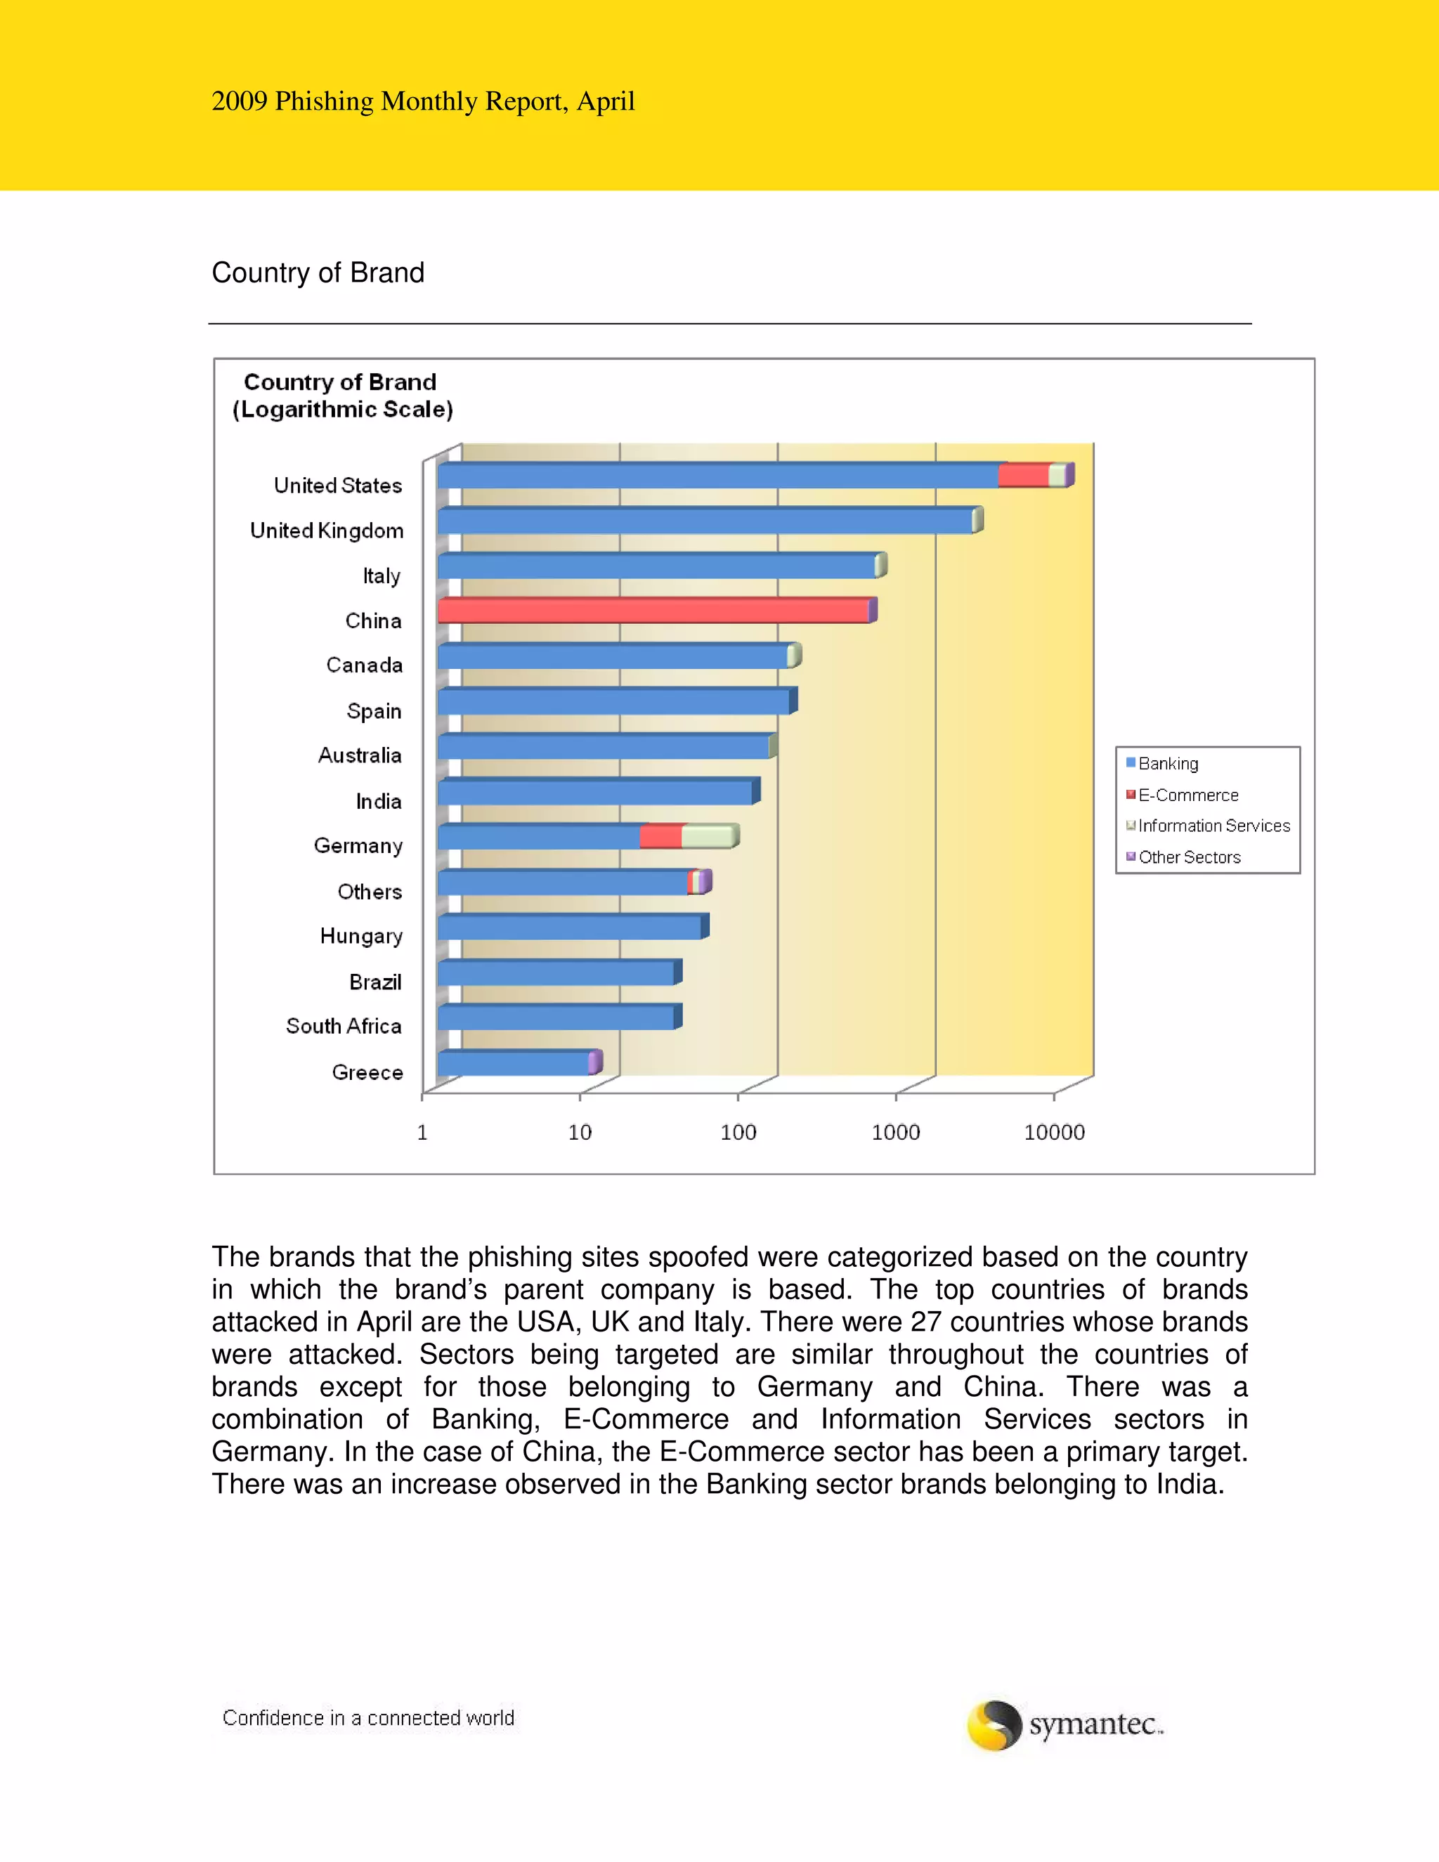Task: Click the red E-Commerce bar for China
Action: coord(653,611)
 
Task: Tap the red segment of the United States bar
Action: coord(1023,476)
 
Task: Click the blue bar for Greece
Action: coord(512,1064)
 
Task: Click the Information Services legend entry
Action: coord(1213,826)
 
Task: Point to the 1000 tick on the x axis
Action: coord(896,1132)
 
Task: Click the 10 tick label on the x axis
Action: coord(580,1132)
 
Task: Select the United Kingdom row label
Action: coord(327,531)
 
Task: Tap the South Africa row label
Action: coord(344,1027)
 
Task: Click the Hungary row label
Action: coord(360,936)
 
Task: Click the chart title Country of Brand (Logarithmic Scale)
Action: coord(342,396)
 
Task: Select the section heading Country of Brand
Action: coord(318,273)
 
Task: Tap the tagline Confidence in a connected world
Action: coord(368,1718)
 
